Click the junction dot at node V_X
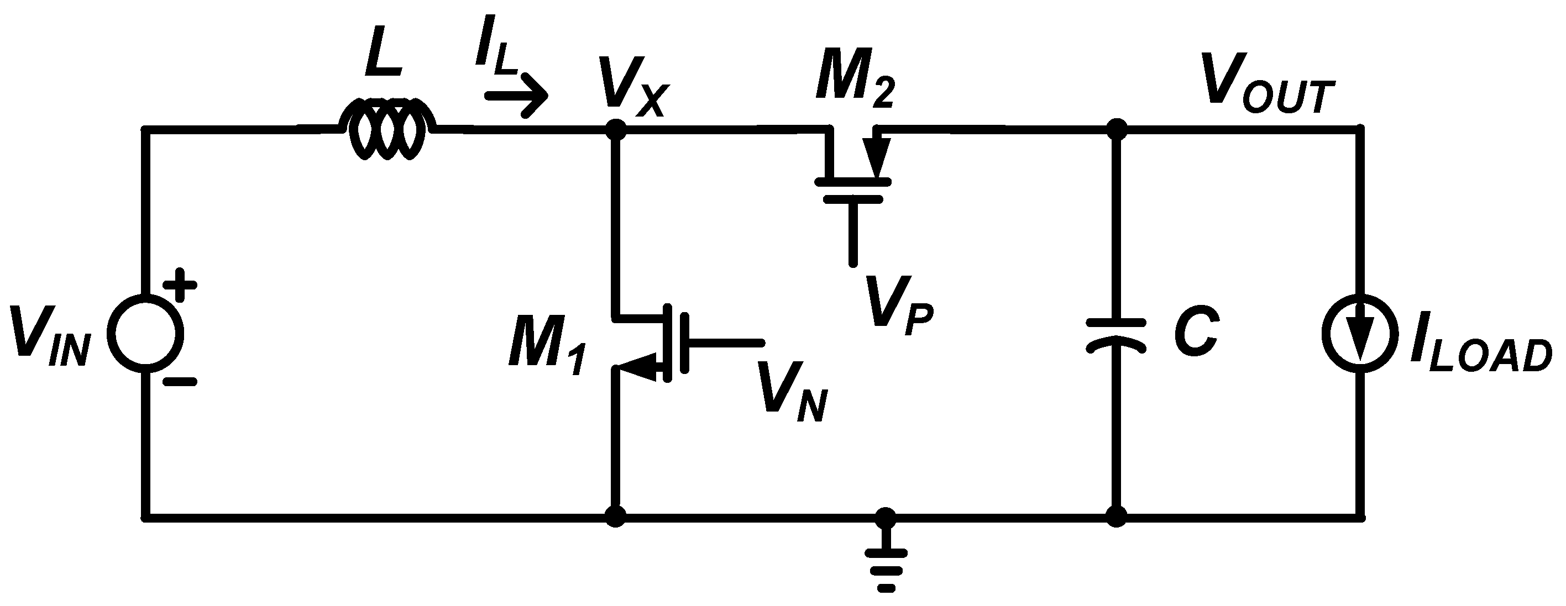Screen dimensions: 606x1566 pyautogui.click(x=616, y=129)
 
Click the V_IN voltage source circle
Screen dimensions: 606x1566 pyautogui.click(x=146, y=333)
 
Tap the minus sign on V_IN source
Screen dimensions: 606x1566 pyautogui.click(x=181, y=382)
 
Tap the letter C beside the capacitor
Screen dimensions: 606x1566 pyautogui.click(x=1195, y=334)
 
